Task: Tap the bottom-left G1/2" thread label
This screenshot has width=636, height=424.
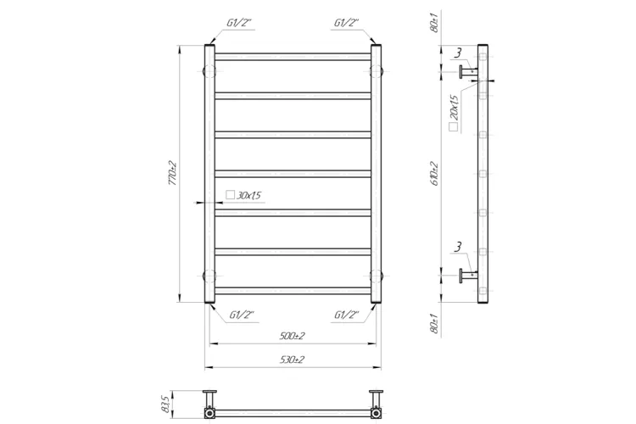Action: pos(243,315)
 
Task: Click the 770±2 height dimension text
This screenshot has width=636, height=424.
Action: pos(171,174)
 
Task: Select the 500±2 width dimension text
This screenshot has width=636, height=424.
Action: pos(293,337)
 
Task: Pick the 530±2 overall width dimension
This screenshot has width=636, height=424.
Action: pos(293,360)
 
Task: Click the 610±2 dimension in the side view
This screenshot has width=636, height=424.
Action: pos(434,174)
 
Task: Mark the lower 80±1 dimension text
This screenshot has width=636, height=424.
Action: pos(434,323)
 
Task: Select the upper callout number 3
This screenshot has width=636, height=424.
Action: pos(458,53)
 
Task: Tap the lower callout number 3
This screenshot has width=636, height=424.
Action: pos(458,248)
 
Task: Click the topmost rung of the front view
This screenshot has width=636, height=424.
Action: pos(293,57)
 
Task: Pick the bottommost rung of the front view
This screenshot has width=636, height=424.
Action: pos(293,291)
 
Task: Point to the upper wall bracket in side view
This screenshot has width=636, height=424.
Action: pos(467,73)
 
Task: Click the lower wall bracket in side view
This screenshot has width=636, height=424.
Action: pos(467,273)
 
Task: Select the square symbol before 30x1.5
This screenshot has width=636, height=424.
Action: pos(230,196)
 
